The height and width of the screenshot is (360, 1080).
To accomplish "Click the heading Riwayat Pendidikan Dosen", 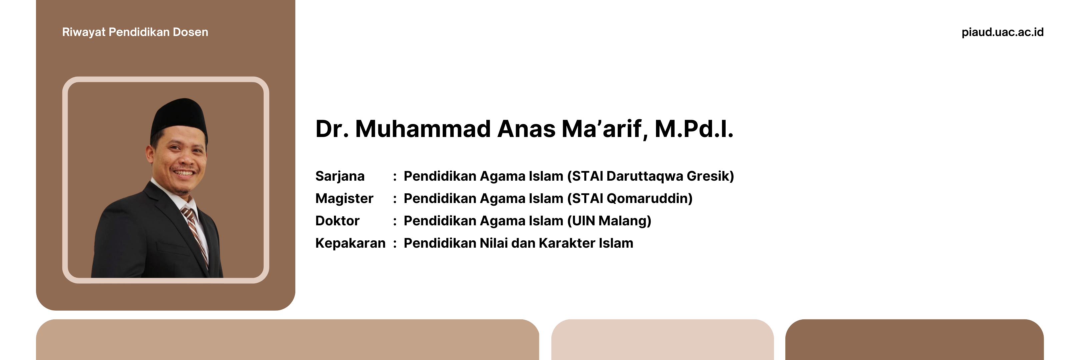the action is (135, 32).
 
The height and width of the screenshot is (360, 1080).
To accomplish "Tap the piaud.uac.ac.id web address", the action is (1002, 32).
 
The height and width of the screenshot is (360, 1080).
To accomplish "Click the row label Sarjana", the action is (340, 176).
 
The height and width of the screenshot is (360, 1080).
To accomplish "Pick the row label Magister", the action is (344, 199).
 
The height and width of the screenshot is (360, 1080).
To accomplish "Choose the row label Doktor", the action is (337, 221).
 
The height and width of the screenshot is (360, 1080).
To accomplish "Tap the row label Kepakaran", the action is (350, 243).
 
